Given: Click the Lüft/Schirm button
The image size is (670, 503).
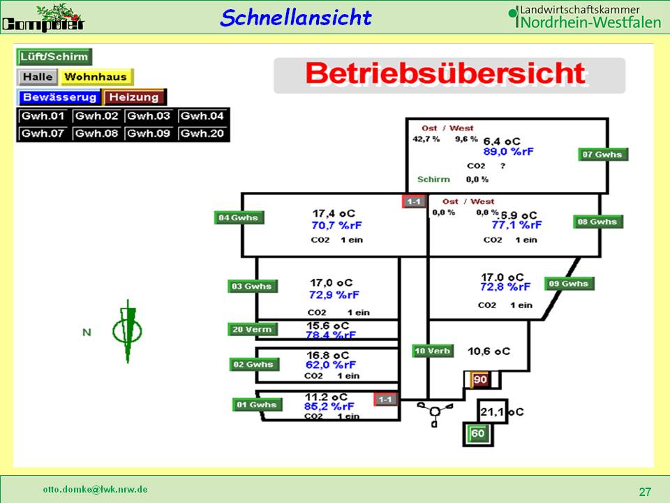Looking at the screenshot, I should pos(54,57).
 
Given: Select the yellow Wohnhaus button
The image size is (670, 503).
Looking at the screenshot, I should pos(96,77).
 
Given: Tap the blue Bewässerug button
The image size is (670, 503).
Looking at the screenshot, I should pos(60,97).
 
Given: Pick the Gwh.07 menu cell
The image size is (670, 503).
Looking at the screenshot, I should pos(43,133).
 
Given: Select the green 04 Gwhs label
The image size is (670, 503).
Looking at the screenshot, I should pos(239,218).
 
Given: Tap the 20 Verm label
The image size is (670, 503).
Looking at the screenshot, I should pos(252,330).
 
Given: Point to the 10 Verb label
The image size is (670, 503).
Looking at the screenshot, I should pos(432,351).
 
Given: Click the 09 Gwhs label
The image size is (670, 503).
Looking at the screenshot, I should pos(569,284).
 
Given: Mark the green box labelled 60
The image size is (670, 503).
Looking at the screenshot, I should pos(478,434).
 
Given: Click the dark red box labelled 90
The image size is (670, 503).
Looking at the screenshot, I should pos(481,379).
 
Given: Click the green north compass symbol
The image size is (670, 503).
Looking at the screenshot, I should pos(128,330).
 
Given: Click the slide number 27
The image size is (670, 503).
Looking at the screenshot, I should pos(645,492).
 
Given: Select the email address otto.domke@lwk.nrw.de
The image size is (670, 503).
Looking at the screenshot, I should pos(95,489).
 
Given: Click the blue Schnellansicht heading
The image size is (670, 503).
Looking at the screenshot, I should pos(295,17).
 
